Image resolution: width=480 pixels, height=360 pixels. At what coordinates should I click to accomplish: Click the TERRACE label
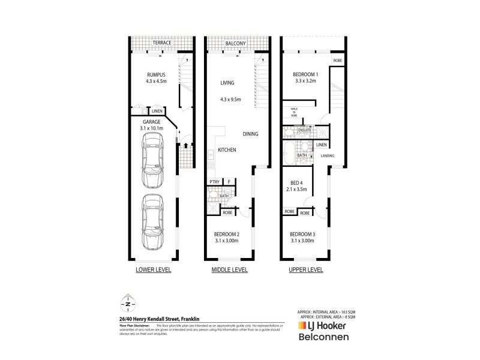tap(161, 43)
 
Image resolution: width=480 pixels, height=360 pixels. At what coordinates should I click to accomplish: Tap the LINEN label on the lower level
tap(157, 112)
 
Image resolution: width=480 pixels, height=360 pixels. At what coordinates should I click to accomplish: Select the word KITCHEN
tap(227, 149)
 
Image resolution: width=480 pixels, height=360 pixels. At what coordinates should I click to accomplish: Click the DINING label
tap(251, 134)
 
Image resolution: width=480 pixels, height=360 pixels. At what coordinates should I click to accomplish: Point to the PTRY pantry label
tap(213, 182)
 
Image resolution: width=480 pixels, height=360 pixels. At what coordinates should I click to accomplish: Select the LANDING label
tap(328, 156)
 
